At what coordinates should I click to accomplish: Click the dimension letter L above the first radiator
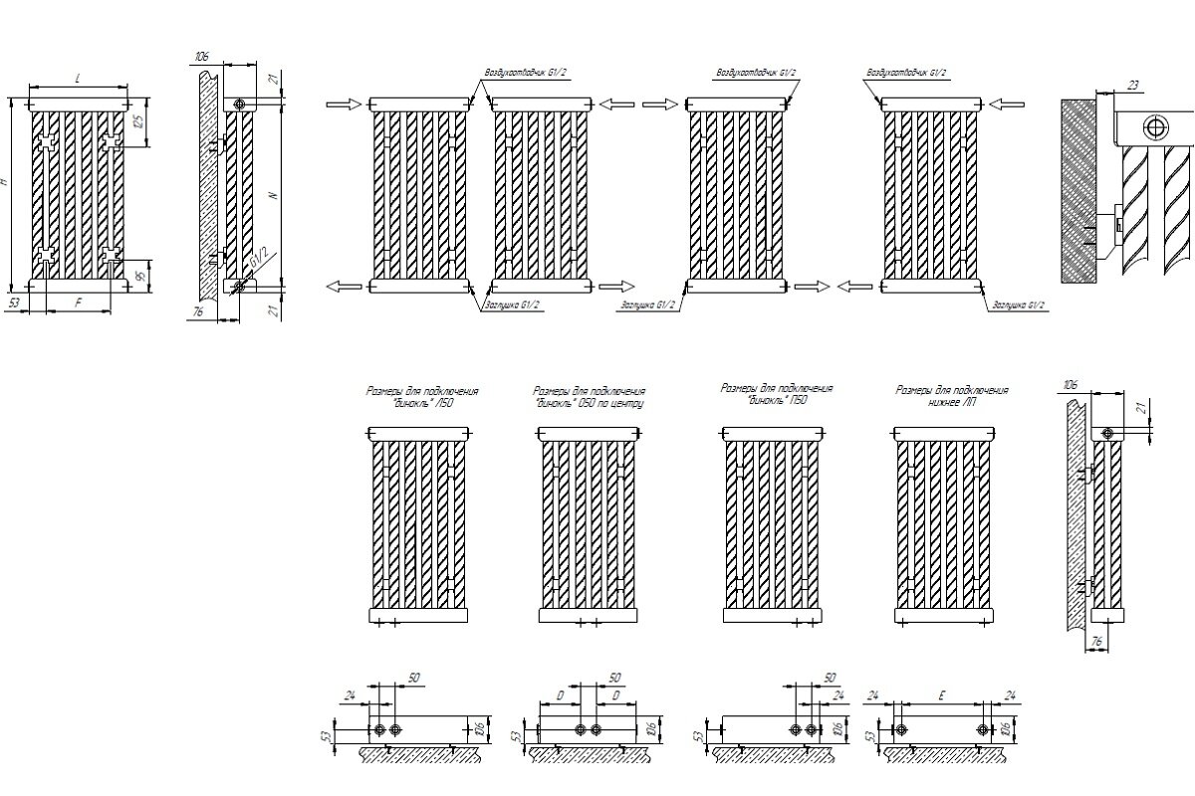coord(79,77)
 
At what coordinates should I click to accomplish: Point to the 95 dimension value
coord(139,270)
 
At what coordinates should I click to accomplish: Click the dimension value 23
coord(1132,86)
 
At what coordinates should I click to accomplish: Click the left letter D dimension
coord(561,695)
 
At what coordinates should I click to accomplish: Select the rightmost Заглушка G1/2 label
coord(1017,305)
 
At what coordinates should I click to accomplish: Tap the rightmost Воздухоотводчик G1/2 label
coord(907,73)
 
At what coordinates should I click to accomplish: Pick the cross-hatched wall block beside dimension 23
coord(1079,189)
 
